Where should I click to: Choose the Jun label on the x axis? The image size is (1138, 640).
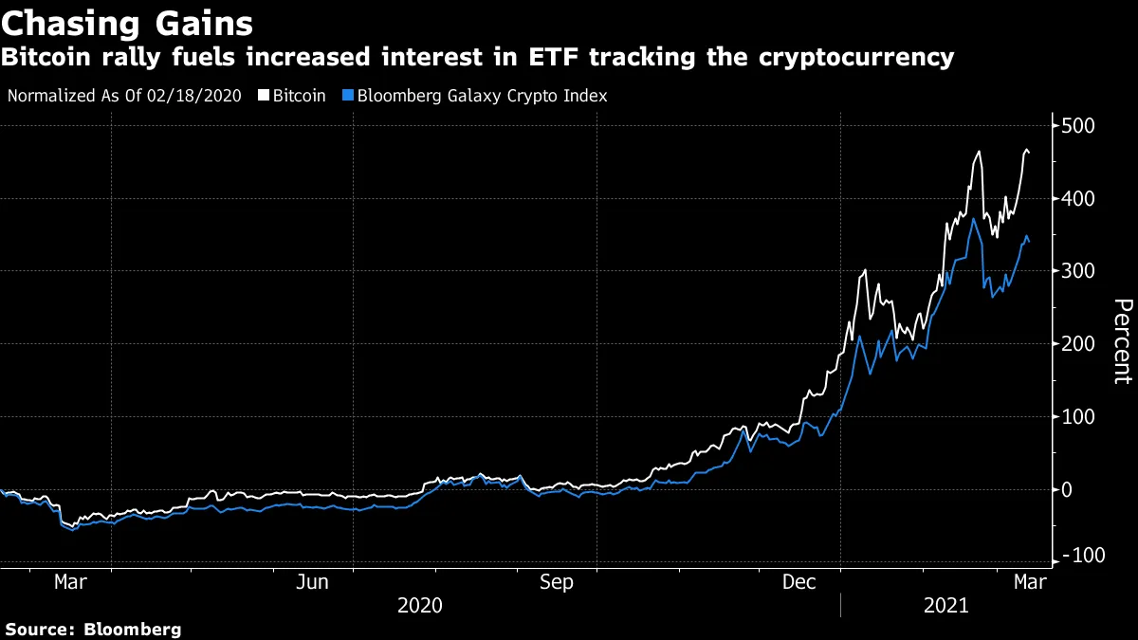313,582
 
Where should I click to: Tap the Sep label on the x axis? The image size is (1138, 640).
556,582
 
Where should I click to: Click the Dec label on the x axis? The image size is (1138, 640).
799,582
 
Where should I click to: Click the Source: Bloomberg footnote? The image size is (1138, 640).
93,629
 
